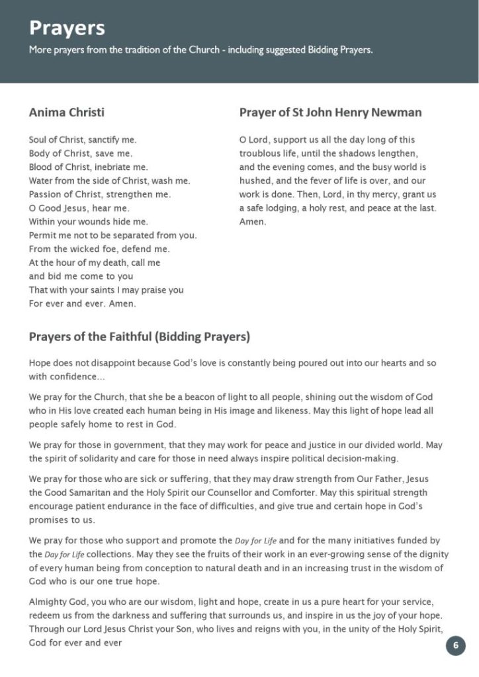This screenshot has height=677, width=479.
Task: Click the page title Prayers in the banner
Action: pyautogui.click(x=67, y=28)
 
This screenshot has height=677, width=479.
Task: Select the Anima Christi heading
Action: pyautogui.click(x=66, y=112)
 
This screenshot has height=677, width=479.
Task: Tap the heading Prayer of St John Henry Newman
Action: pyautogui.click(x=330, y=112)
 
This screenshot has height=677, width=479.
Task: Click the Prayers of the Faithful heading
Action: pyautogui.click(x=139, y=337)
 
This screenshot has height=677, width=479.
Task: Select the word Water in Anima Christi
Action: pyautogui.click(x=41, y=180)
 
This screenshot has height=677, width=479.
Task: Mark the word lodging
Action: pyautogui.click(x=282, y=208)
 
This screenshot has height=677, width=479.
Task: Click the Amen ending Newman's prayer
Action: pyautogui.click(x=252, y=222)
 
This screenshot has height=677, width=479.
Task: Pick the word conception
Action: pyautogui.click(x=166, y=568)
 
